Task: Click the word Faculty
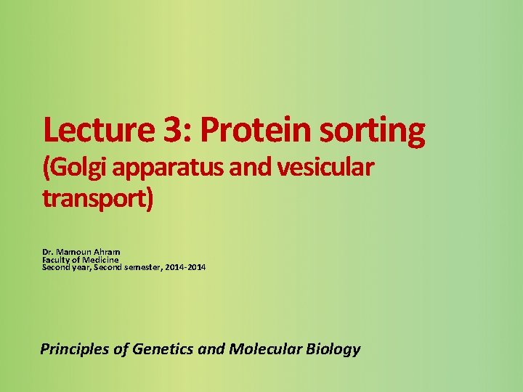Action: (57, 260)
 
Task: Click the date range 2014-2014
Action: (186, 268)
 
